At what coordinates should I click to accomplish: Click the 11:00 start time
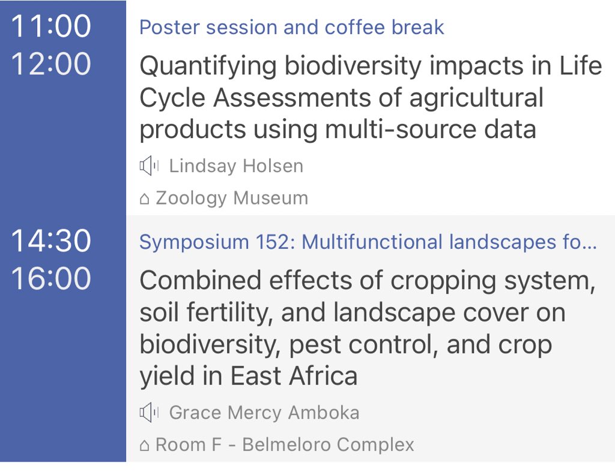pos(51,27)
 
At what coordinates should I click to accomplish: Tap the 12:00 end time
pos(51,64)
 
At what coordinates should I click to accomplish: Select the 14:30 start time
pos(51,242)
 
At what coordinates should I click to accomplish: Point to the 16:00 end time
pos(51,279)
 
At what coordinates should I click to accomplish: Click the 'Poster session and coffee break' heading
pos(292,28)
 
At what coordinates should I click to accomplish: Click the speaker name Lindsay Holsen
pos(236,166)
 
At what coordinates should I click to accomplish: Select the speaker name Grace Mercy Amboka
pos(264,413)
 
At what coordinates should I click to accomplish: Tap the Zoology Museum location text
pos(231,198)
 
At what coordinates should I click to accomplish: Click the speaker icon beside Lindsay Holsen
pos(149,166)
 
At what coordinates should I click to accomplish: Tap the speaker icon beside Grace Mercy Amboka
pos(149,413)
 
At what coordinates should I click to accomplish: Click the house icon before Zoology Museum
pos(144,199)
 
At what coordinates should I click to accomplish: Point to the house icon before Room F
pos(144,446)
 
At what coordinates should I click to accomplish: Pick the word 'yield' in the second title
pos(166,376)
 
